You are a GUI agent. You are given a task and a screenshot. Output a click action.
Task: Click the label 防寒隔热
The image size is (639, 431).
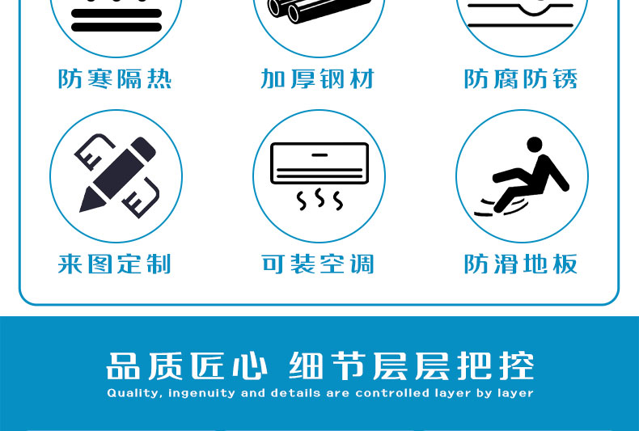(115, 78)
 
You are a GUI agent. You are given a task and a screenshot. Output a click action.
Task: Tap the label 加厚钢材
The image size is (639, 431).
(317, 78)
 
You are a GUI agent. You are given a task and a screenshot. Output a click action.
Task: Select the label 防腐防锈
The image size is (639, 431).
(521, 78)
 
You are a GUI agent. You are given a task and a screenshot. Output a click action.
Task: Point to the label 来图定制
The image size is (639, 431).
(115, 264)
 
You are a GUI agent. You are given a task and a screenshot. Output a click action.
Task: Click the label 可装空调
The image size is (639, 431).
(317, 264)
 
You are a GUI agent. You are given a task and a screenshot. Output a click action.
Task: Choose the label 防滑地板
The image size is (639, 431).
(521, 264)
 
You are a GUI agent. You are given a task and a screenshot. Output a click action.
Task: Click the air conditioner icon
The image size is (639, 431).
(319, 176)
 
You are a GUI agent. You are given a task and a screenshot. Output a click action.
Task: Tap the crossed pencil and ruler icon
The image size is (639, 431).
(116, 175)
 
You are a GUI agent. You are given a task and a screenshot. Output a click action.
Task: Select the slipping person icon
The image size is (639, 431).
(522, 176)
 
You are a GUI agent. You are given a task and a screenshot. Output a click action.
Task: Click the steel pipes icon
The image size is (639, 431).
(319, 11)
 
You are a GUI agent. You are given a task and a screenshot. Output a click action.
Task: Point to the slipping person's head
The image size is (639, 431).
(535, 145)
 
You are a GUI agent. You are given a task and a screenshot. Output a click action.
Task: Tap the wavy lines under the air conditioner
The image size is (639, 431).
(319, 199)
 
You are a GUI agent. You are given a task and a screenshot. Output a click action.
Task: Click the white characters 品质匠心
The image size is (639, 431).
(187, 366)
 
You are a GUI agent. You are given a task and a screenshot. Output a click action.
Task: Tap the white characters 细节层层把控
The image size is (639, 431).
(412, 366)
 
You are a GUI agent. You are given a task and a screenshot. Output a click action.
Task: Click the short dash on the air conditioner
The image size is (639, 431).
(320, 155)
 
